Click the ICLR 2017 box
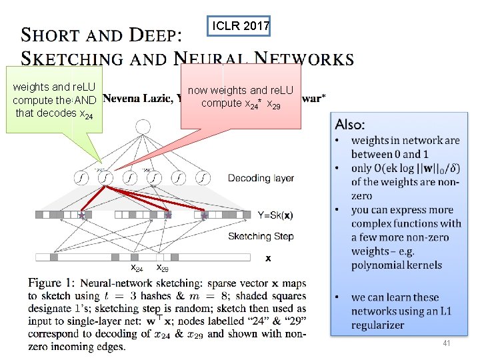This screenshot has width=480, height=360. click(241, 27)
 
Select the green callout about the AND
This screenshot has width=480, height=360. click(54, 100)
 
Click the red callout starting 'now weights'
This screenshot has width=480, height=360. click(240, 97)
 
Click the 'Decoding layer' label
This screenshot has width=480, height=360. click(261, 178)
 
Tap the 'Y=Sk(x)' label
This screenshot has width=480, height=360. click(275, 215)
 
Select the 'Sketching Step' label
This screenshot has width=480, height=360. click(261, 236)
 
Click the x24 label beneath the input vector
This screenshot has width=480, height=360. click(136, 268)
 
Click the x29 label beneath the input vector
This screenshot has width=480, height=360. click(162, 268)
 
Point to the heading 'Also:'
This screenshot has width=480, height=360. click(350, 124)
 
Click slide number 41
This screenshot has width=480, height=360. click(446, 343)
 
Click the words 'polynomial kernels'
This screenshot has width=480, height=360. click(396, 265)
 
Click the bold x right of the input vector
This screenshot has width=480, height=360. click(268, 257)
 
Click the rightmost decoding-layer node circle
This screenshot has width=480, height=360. click(203, 178)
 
